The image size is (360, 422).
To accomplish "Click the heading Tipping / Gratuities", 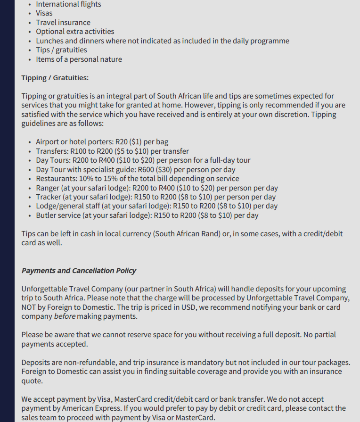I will (55, 78).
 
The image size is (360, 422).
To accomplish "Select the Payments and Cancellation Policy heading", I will (79, 271).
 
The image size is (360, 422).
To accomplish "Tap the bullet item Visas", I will (44, 13).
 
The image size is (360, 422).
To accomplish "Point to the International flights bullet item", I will (68, 4).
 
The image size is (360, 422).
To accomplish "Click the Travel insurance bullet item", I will (63, 23).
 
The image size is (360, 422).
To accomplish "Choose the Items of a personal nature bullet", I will (79, 59).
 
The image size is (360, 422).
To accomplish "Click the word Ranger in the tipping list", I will (48, 188).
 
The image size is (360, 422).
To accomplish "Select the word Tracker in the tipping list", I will (49, 197).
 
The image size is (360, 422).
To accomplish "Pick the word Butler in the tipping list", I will (47, 215).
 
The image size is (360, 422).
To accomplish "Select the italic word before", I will (65, 316).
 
